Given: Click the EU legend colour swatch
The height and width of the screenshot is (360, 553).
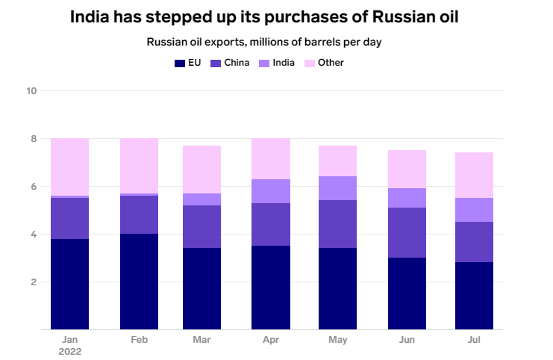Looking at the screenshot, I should tap(179, 63).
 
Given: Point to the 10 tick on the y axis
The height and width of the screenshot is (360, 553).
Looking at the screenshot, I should tap(31, 91).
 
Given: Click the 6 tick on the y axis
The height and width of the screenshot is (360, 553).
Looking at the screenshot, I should tap(34, 187).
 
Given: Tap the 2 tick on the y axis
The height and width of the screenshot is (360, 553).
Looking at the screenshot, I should tap(34, 282).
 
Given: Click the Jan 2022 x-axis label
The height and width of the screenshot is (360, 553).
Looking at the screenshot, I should tap(69, 344).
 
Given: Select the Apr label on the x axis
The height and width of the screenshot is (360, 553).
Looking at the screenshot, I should tap(271, 339).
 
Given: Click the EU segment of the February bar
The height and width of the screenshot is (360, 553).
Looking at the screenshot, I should tap(139, 282).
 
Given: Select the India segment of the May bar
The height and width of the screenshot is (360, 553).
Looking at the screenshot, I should tap(337, 188).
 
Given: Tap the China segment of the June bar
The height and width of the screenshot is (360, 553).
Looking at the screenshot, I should tap(407, 232).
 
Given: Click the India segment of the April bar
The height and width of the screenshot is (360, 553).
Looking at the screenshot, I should tap(271, 191).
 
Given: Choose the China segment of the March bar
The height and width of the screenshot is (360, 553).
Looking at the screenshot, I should tap(202, 226).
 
